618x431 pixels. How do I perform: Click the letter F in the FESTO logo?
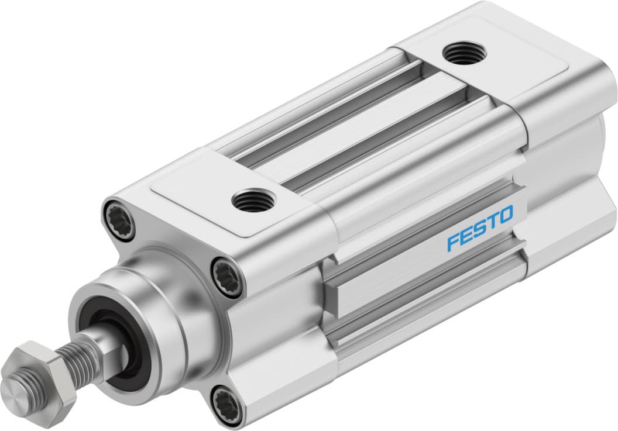tap(454, 242)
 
